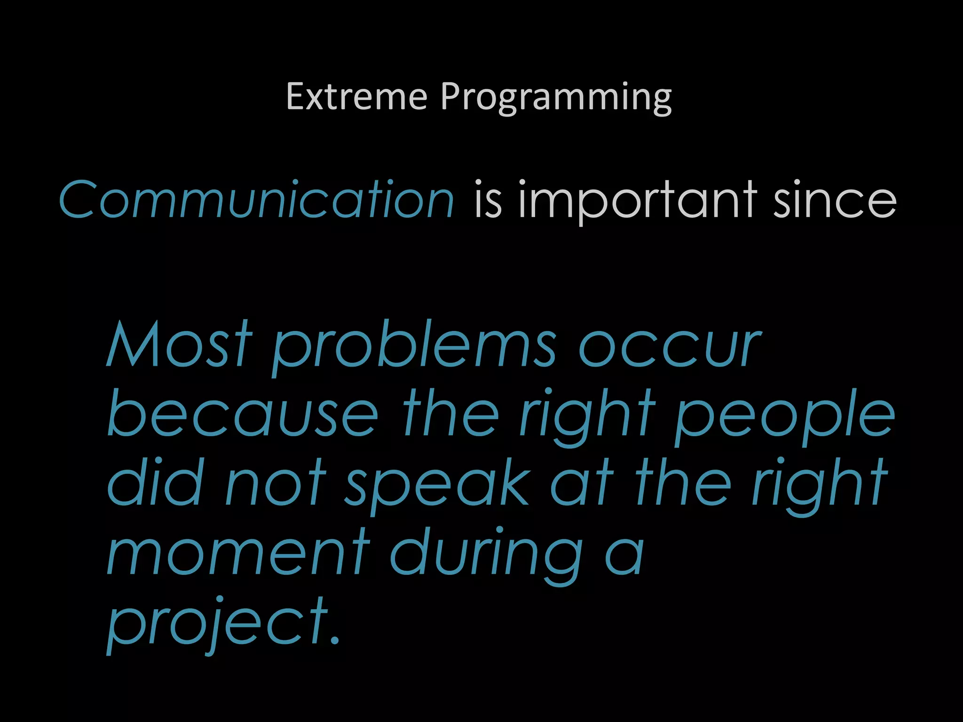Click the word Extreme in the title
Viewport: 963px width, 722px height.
[356, 96]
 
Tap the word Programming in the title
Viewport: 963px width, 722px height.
[556, 97]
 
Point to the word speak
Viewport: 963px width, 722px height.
[438, 487]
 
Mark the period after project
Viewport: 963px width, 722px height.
[334, 640]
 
